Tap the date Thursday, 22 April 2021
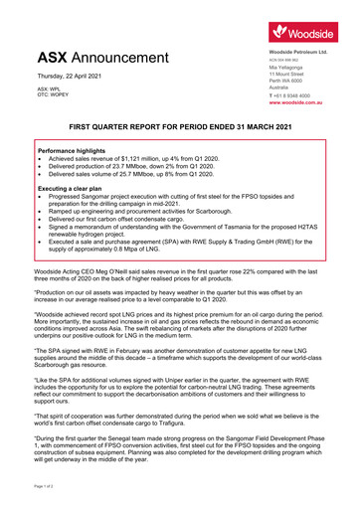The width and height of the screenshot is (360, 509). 74,77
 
